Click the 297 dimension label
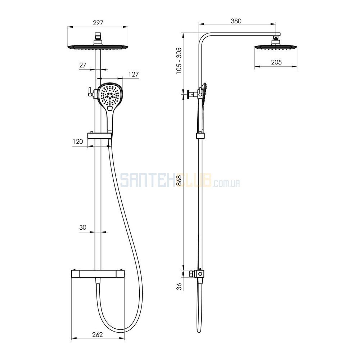point(98,23)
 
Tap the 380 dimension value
point(236,21)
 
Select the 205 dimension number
point(276,62)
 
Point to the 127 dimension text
point(134,75)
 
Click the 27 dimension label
point(83,65)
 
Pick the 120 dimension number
point(78,141)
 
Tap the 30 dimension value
point(83,227)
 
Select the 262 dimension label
point(97,335)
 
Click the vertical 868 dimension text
point(179,180)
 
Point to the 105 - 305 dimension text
point(179,60)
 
